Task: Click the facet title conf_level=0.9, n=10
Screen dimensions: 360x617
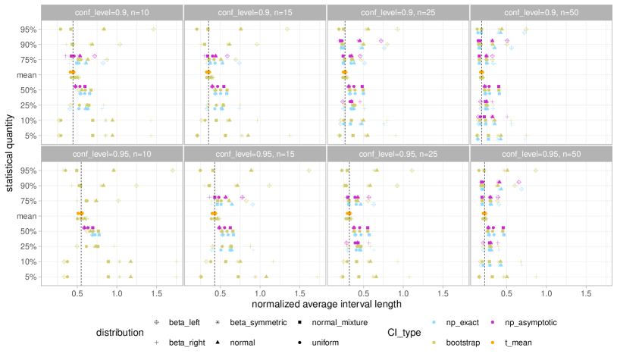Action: coord(111,13)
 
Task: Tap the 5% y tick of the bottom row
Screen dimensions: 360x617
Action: coord(28,277)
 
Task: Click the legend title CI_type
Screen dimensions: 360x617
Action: coord(406,333)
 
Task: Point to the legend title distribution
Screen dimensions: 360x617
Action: coord(120,333)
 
